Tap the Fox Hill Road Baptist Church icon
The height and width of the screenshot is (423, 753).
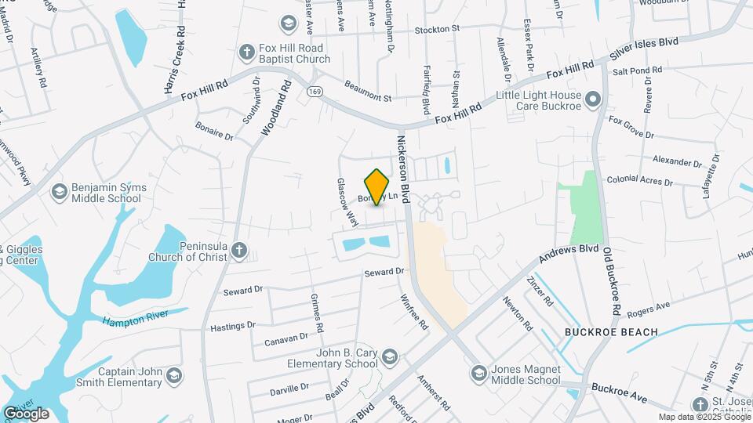[246, 52]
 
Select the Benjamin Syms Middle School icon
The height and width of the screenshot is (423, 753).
[59, 192]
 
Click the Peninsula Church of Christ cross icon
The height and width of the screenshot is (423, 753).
[239, 251]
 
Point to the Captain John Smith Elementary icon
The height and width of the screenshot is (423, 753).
[173, 377]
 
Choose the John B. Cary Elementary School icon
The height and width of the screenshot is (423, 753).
[388, 358]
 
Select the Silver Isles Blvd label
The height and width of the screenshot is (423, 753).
[644, 51]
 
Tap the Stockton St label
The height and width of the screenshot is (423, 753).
[434, 29]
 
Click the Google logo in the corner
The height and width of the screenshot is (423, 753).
[26, 413]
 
